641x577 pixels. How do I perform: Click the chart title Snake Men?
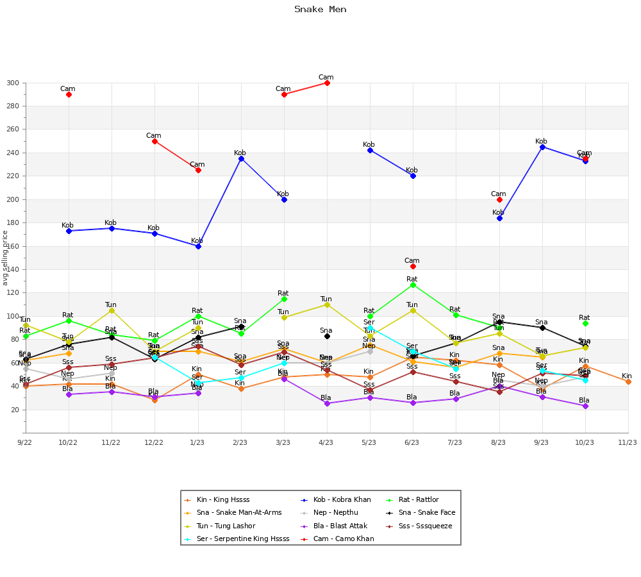pos(320,10)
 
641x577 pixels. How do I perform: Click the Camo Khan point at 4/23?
pos(327,83)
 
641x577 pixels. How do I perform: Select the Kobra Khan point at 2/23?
pos(241,158)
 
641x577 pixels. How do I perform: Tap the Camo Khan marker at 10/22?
pos(69,94)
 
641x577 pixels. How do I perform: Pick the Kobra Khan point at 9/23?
pos(542,147)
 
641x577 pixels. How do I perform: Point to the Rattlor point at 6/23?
pos(413,285)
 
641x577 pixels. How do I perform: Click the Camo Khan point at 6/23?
pos(413,266)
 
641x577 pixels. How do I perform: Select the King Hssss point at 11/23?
pos(628,381)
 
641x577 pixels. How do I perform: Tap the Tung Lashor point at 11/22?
pos(112,310)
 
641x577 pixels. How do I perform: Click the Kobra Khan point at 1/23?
pos(198,246)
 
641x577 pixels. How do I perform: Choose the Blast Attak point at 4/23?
pos(327,403)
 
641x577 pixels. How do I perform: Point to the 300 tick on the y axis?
pos(13,83)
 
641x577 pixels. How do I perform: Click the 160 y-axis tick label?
pos(13,247)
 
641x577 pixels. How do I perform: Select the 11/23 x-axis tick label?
pos(628,442)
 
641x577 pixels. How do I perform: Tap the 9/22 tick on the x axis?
pos(26,442)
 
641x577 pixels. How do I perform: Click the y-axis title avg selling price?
pos(6,258)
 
